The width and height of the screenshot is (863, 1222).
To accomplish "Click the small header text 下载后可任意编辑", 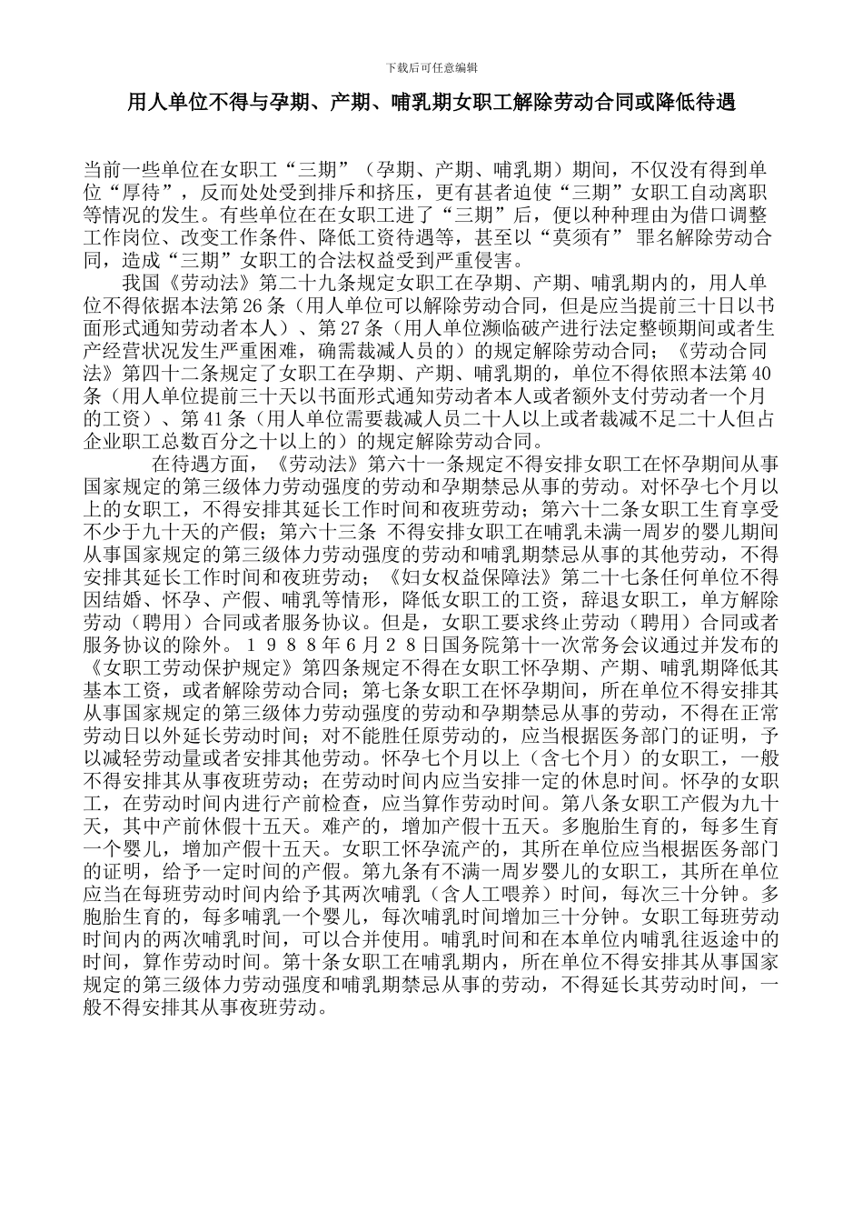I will (431, 67).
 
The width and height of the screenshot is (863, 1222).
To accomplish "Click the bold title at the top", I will (431, 104).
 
